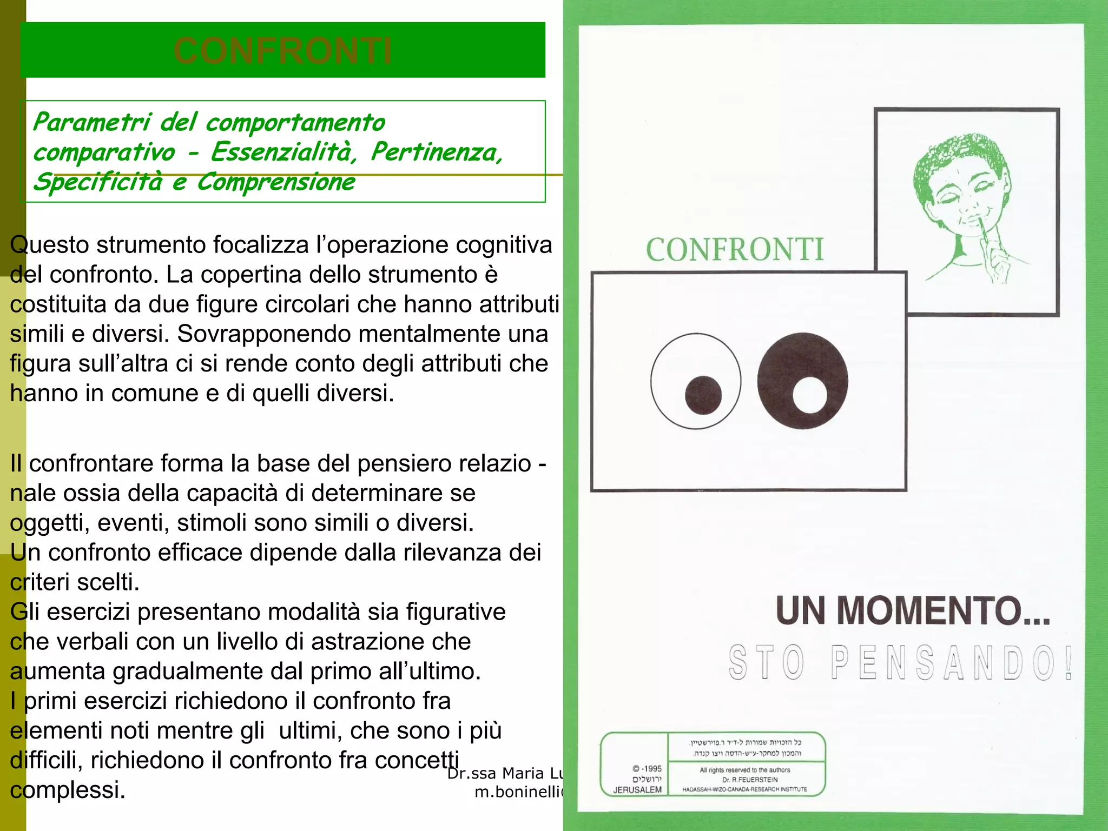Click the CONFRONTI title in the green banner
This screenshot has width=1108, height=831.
coord(282,51)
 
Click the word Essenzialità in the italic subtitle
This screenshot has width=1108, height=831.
coord(283,152)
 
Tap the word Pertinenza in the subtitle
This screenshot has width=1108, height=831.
coord(436,152)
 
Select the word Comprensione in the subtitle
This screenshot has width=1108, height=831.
coord(275,182)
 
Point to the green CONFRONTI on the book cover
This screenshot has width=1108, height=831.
coord(735,249)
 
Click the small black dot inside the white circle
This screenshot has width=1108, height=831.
coord(703,394)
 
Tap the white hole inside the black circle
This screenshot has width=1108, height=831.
coord(810,395)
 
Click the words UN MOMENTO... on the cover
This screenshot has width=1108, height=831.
coord(913,610)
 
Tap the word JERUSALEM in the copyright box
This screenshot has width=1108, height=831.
coord(637,790)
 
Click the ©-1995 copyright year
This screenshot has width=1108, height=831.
coord(647,768)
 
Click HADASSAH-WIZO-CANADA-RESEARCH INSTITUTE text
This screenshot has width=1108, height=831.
coord(744,789)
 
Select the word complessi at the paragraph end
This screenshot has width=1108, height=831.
coord(68,790)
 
